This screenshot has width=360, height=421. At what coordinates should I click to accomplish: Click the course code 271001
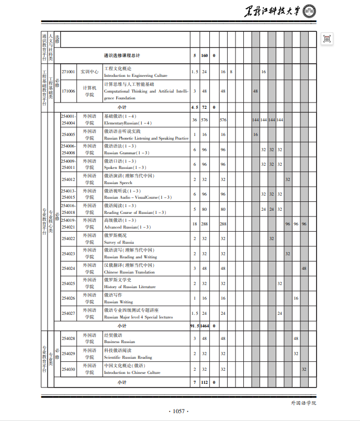coord(68,72)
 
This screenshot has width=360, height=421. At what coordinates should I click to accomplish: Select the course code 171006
coord(68,91)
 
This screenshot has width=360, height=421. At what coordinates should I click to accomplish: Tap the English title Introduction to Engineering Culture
coord(136,76)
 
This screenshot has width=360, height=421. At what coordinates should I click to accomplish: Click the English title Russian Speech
coord(118,183)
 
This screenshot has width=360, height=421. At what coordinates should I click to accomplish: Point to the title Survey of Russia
coord(119,242)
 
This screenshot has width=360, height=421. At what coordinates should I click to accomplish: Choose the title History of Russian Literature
coord(130,287)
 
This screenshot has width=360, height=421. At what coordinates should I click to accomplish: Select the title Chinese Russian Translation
coord(129,272)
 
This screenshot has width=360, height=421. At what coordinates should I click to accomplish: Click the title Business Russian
coord(119,342)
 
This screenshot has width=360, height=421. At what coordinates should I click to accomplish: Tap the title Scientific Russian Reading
coord(128,357)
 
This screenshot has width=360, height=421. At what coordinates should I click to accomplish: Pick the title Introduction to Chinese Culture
coord(132,372)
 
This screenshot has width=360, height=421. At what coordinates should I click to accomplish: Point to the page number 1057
coord(179,412)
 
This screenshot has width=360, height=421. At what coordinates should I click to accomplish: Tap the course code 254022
coord(68,238)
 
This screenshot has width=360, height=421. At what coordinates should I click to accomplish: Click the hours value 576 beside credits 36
coord(205,120)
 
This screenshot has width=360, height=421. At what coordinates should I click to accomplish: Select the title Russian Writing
coord(118,302)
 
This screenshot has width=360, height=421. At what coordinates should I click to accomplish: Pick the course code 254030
coord(68,369)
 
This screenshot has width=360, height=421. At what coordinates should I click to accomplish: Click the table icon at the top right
coord(327,39)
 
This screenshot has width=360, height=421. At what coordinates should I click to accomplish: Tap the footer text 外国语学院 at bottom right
coord(303,403)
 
